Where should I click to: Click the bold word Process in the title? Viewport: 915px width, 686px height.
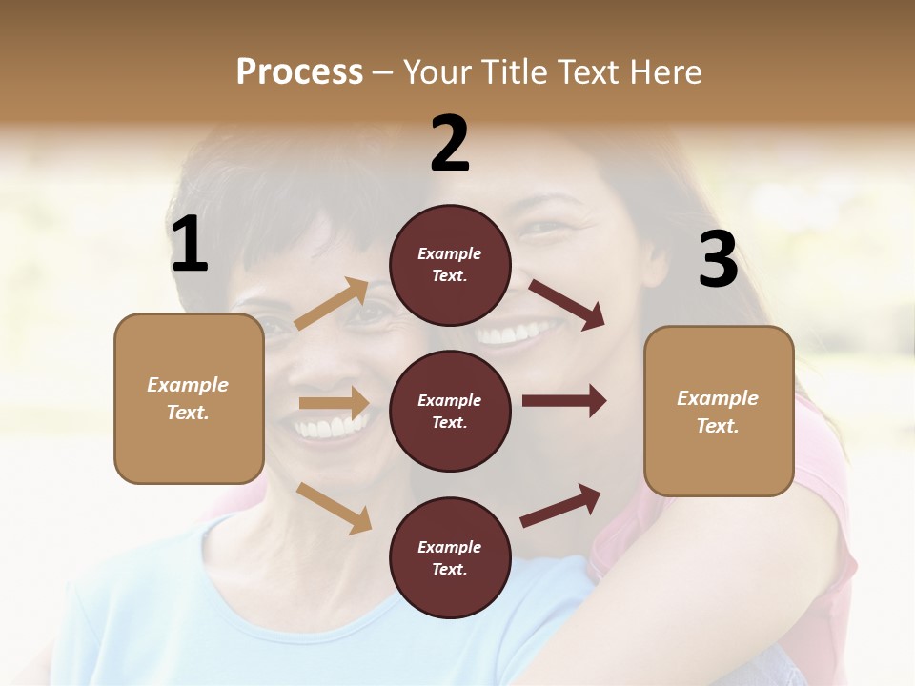[299, 71]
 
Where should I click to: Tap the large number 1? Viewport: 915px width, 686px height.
[190, 245]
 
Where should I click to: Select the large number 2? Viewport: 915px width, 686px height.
[450, 145]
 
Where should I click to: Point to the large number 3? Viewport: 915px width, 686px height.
[718, 261]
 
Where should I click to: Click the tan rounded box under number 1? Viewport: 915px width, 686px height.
[189, 398]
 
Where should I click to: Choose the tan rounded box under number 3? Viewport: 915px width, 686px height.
[719, 411]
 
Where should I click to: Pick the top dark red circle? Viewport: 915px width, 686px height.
[450, 265]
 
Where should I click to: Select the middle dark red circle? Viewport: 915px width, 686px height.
[450, 411]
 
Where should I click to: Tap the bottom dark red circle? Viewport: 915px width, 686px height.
[450, 557]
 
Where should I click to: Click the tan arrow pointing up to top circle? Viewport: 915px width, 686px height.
[332, 304]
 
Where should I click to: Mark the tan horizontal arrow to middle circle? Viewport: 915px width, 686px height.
[334, 404]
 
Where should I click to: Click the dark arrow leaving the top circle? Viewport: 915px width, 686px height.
[566, 304]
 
